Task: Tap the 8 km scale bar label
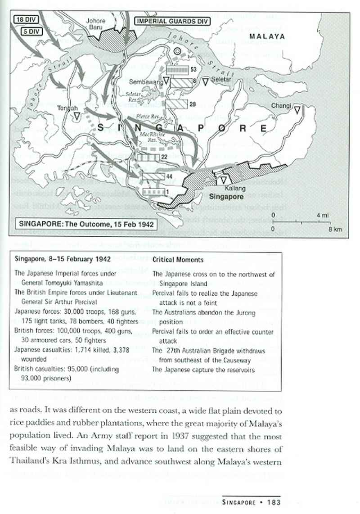[335, 230]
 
